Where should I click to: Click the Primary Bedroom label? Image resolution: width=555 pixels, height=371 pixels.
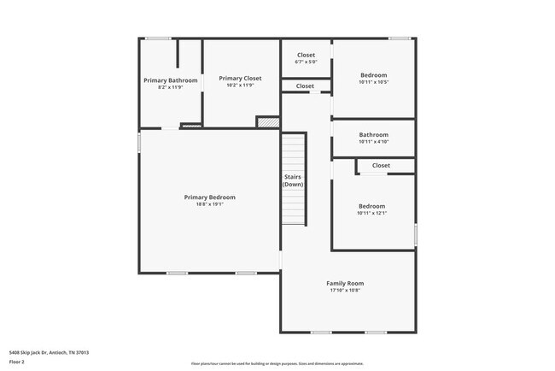tap(209, 197)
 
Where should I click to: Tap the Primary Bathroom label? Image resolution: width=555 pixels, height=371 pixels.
tap(171, 80)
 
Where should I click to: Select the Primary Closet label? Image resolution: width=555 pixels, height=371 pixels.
tap(241, 78)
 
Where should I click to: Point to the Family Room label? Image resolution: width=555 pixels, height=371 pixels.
tap(345, 283)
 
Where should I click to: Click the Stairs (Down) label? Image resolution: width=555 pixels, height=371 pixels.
tap(293, 180)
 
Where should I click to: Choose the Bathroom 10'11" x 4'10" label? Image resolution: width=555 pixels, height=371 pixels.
tap(373, 134)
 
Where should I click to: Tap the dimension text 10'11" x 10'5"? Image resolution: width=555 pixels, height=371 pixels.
tap(373, 83)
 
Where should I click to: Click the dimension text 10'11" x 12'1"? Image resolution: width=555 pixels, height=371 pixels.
tap(371, 215)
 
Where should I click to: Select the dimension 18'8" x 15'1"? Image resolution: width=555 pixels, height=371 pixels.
tap(209, 205)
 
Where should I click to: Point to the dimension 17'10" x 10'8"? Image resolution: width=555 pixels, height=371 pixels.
tap(345, 291)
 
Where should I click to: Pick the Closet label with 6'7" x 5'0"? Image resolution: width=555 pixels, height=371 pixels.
tap(306, 55)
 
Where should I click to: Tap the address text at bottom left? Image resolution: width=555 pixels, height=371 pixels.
tap(49, 352)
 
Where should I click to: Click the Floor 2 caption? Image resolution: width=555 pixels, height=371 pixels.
tap(18, 362)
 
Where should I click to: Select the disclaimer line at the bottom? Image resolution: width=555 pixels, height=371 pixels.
tap(277, 362)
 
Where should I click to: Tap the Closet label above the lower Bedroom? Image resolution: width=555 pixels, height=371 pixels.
tap(381, 165)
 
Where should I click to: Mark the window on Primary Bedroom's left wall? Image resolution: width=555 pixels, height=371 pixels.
tap(139, 141)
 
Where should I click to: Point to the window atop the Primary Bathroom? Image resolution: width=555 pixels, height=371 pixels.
tap(157, 38)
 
